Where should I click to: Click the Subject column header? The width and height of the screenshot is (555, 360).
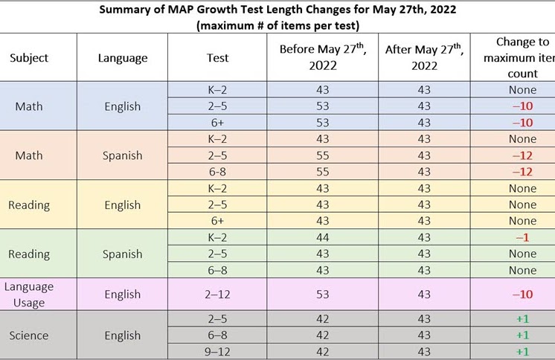click(x=31, y=58)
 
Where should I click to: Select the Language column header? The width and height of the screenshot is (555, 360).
click(x=123, y=58)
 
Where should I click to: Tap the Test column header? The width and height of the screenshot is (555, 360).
click(x=218, y=58)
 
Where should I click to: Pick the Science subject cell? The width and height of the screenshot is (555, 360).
click(x=30, y=335)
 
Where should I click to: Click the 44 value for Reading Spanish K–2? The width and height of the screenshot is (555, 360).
click(x=323, y=237)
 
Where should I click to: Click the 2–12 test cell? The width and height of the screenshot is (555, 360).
click(x=218, y=295)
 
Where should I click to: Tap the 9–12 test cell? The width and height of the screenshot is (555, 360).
click(x=218, y=352)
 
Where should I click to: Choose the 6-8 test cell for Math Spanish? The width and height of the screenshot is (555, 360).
click(x=218, y=172)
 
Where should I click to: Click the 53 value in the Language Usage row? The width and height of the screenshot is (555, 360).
click(x=323, y=295)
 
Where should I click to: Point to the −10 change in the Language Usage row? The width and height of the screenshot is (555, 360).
click(x=522, y=295)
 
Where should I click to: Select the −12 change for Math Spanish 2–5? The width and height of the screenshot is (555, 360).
click(x=522, y=155)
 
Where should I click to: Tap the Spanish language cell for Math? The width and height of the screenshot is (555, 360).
click(x=123, y=155)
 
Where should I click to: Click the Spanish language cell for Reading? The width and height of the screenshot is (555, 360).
click(x=123, y=254)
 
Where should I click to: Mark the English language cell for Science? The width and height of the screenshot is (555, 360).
click(x=123, y=335)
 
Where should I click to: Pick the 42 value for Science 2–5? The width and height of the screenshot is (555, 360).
click(x=323, y=319)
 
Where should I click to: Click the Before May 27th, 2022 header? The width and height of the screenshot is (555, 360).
click(x=323, y=57)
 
